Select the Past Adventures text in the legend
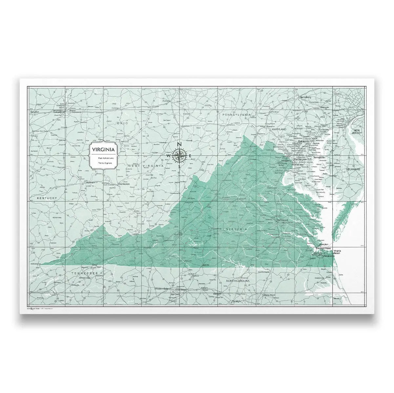point(103,158)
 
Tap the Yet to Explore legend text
point(103,162)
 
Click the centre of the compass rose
point(179,155)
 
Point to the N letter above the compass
point(179,144)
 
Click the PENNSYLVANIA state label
point(237,115)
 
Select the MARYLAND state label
point(279,129)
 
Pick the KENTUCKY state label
point(47,198)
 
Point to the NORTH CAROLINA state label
point(238,281)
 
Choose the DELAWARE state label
point(353,169)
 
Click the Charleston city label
point(124,184)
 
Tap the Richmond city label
point(282,220)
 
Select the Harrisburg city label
point(305,97)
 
